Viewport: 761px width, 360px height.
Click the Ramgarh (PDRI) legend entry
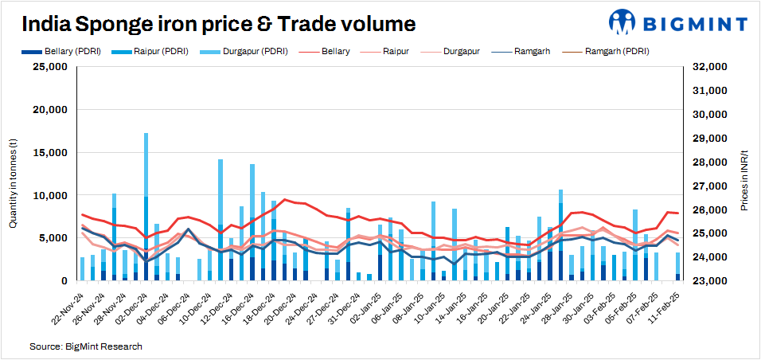pyautogui.click(x=605, y=51)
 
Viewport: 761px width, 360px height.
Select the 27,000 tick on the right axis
pyautogui.click(x=708, y=186)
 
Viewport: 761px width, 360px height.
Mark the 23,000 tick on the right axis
pyautogui.click(x=708, y=281)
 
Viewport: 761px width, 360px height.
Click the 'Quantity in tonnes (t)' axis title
pyautogui.click(x=14, y=182)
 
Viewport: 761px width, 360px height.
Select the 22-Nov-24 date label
pyautogui.click(x=67, y=306)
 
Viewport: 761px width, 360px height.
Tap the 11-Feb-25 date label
pyautogui.click(x=662, y=306)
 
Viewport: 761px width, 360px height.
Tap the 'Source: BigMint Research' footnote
pyautogui.click(x=86, y=346)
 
